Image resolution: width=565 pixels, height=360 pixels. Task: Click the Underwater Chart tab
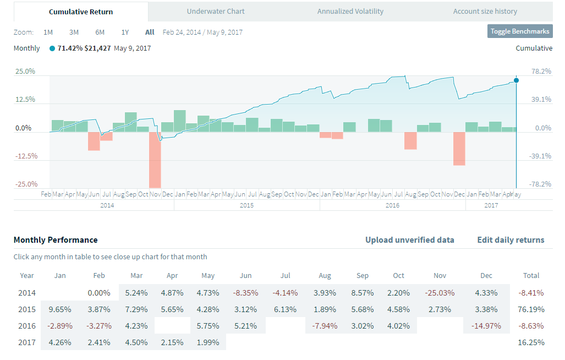216,12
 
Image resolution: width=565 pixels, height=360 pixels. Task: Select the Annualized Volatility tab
350,12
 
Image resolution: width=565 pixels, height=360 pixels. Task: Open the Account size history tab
485,12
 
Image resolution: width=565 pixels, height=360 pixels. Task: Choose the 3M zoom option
74,32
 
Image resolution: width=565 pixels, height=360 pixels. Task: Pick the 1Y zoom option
125,32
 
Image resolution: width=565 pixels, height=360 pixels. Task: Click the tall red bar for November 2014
155,160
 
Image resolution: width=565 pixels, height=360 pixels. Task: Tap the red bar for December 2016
459,149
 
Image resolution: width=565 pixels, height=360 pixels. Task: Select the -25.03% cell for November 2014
440,292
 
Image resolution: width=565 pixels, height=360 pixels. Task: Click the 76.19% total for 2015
531,309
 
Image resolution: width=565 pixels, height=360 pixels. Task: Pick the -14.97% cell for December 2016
486,325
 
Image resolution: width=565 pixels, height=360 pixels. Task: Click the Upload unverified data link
410,240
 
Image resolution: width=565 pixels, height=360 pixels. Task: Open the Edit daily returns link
511,240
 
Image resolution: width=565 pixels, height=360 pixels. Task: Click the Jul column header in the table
285,275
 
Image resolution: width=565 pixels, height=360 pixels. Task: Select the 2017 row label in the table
27,342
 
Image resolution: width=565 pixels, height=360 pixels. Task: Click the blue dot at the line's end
516,80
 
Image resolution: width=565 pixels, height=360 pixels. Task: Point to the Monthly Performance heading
56,240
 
